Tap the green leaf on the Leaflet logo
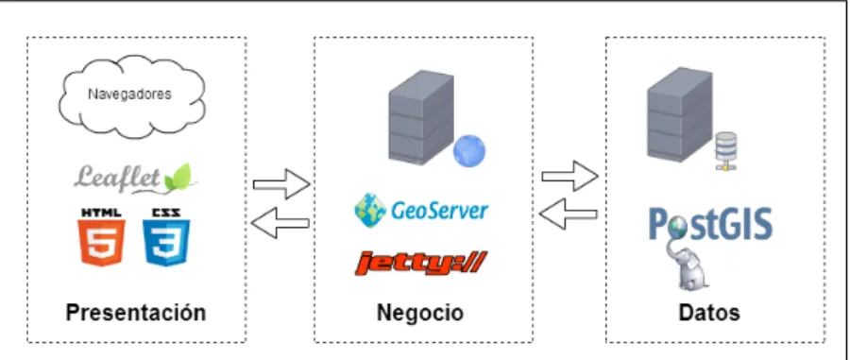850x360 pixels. coord(178,178)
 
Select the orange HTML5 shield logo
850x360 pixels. coord(101,237)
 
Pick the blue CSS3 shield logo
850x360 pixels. coord(166,237)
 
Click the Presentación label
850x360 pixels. coord(136,313)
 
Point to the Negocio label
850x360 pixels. coord(420,313)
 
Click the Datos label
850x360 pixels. coord(709,313)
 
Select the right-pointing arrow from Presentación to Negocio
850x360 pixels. coord(281,184)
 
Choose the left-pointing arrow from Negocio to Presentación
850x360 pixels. coord(280,222)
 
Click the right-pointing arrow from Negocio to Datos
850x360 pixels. coord(569,176)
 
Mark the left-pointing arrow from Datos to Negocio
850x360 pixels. coord(569,214)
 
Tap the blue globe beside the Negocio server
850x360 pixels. coord(469,151)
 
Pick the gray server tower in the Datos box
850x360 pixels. coord(680,114)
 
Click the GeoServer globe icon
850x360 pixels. coord(370,211)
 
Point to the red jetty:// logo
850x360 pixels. coord(421,263)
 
